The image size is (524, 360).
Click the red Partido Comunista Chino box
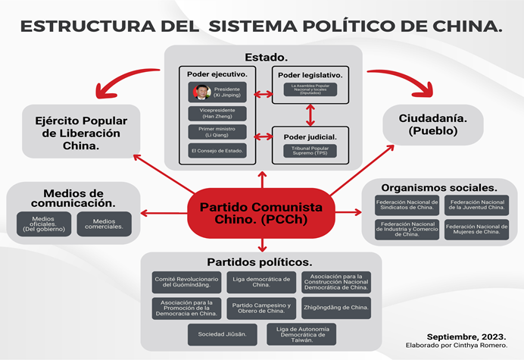pyautogui.click(x=261, y=214)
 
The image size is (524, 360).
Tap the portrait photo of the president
pyautogui.click(x=201, y=92)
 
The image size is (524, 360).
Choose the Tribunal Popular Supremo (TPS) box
pyautogui.click(x=310, y=150)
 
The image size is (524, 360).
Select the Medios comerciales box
pyautogui.click(x=104, y=224)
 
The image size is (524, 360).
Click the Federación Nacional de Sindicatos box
pyautogui.click(x=407, y=206)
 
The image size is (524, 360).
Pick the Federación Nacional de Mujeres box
pyautogui.click(x=476, y=230)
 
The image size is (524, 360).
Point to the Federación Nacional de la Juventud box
pyautogui.click(x=476, y=206)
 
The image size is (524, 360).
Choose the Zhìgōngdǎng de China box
pyautogui.click(x=335, y=308)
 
